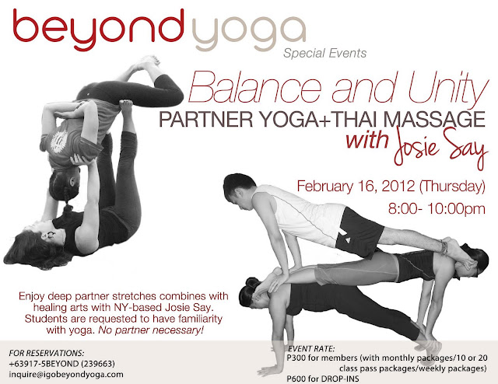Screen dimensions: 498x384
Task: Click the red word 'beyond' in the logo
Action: [99, 30]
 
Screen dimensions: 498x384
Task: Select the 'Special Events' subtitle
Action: [325, 53]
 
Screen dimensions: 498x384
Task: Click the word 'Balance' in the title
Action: [254, 86]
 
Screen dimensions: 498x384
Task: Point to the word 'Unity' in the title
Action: [448, 87]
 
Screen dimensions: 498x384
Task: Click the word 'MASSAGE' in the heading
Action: [434, 119]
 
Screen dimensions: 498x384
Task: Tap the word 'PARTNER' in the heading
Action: [205, 119]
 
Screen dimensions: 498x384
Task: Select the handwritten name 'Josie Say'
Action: [441, 147]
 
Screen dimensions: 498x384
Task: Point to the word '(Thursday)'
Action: [452, 187]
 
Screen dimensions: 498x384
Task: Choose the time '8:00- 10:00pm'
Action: [437, 209]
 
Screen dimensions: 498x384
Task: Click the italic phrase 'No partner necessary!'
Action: [150, 330]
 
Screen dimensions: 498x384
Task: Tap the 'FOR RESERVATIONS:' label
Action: [47, 353]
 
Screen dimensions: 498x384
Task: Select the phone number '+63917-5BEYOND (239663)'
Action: [62, 363]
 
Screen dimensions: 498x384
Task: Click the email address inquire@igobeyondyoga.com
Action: [66, 374]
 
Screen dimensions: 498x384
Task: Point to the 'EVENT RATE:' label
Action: [311, 349]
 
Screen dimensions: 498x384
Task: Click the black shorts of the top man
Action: [359, 233]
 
